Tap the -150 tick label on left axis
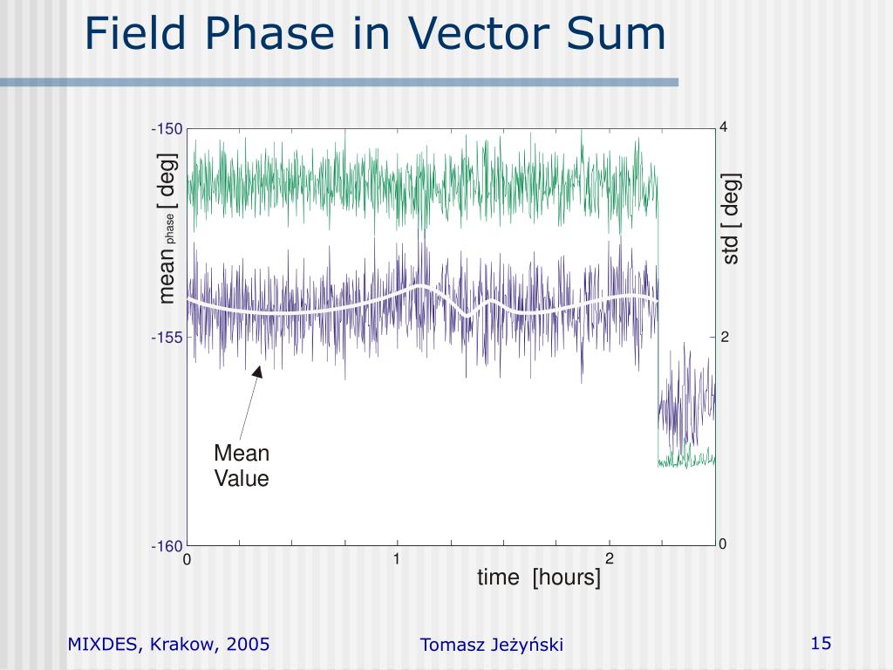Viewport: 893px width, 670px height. click(x=167, y=129)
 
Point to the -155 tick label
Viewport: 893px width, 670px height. click(x=167, y=338)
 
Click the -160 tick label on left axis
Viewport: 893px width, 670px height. click(x=167, y=547)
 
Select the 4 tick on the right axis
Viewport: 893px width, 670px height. click(x=723, y=127)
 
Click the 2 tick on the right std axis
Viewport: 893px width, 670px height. click(x=724, y=338)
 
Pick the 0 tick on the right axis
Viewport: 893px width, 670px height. click(x=723, y=544)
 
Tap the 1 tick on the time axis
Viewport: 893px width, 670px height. click(x=397, y=558)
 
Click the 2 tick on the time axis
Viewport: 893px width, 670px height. click(x=610, y=558)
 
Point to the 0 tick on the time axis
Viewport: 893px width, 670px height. click(x=187, y=560)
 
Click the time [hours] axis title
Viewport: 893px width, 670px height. click(x=538, y=578)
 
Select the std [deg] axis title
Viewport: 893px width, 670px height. click(x=731, y=218)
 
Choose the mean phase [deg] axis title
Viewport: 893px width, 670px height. click(x=167, y=229)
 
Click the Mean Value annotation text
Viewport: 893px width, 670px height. click(x=242, y=466)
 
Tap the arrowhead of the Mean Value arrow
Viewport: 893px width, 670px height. click(x=258, y=371)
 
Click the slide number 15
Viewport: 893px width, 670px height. click(x=821, y=644)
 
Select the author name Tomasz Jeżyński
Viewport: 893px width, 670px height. click(x=492, y=645)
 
